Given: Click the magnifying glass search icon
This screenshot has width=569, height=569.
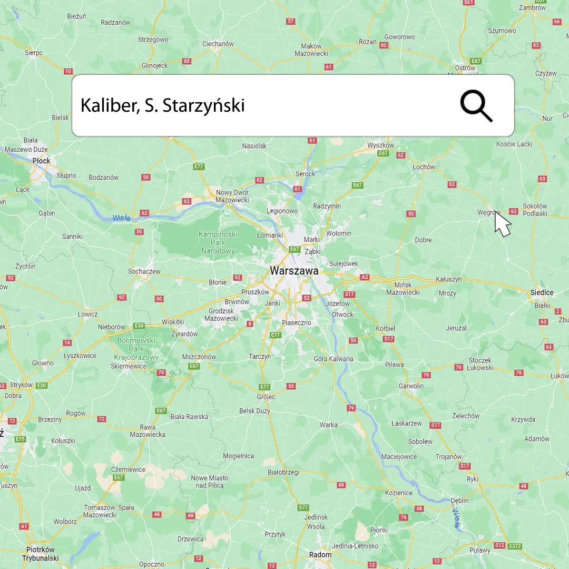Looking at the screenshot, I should click(476, 105).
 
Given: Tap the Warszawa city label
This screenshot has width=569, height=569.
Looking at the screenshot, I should click(294, 271).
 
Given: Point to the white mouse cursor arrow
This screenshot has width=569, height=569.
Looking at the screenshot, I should click(502, 223).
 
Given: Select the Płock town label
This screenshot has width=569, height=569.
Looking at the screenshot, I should click(41, 161).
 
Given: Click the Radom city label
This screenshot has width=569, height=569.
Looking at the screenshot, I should click(320, 554).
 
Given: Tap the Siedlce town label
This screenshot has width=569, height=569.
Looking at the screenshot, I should click(542, 292).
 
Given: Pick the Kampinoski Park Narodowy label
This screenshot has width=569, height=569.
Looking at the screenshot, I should click(218, 242).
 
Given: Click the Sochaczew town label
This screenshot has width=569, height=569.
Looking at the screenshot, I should click(144, 271).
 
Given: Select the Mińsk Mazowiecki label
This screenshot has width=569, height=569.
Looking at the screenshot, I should click(403, 288).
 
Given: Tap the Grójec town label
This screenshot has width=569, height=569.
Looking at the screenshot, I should click(266, 396).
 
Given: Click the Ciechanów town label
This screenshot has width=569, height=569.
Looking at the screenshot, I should click(218, 44).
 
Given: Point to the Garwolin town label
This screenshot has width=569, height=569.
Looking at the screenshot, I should click(411, 386).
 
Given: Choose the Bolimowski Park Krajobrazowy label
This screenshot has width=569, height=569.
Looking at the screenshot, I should click(136, 349).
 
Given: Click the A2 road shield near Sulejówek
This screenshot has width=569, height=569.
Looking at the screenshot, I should click(365, 277).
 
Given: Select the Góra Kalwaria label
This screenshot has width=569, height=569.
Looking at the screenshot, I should click(333, 359).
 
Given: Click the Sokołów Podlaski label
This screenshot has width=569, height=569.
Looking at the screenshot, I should click(535, 210).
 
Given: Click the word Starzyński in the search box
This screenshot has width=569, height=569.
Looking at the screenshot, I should click(203, 105).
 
